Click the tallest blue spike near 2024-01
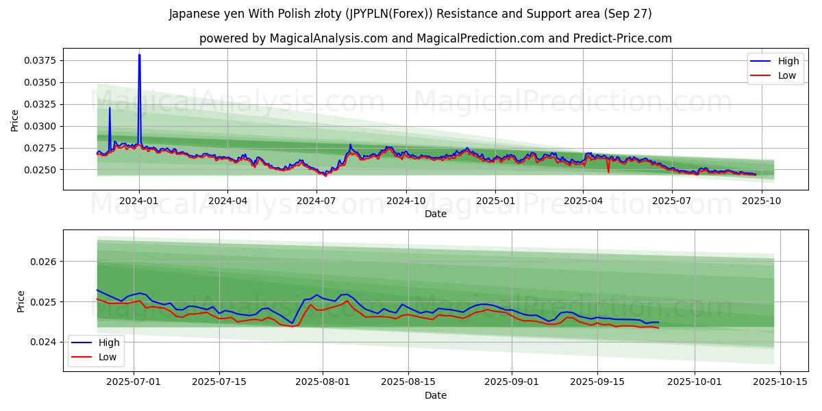click(139, 55)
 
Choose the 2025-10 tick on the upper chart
click(761, 201)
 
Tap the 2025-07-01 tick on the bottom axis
click(134, 382)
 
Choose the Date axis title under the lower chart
click(436, 395)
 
